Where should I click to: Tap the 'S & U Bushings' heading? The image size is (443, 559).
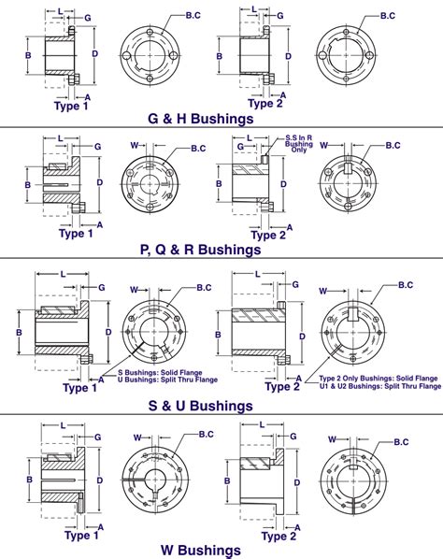(x=200, y=406)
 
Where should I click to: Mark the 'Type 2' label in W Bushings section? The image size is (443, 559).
(x=279, y=536)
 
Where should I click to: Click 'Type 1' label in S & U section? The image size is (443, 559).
(x=76, y=387)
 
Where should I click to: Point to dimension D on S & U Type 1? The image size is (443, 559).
(x=108, y=331)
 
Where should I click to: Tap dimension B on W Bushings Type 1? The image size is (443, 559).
(x=28, y=478)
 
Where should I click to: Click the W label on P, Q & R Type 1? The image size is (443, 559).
(x=134, y=146)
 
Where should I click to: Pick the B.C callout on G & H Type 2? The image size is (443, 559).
(x=389, y=16)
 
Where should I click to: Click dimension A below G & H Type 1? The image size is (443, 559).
(x=87, y=96)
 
